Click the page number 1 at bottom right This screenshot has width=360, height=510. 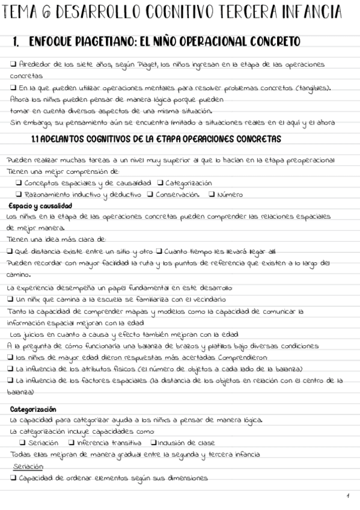pyautogui.click(x=347, y=495)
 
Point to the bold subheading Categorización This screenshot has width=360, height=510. pyautogui.click(x=33, y=409)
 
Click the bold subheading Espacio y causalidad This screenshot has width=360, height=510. pyautogui.click(x=37, y=206)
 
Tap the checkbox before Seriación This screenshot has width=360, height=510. pyautogui.click(x=22, y=443)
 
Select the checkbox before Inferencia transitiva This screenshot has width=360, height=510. pyautogui.click(x=72, y=443)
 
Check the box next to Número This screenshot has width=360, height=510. pyautogui.click(x=211, y=194)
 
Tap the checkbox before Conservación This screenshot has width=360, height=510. pyautogui.click(x=150, y=194)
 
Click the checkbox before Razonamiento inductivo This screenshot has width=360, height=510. pyautogui.click(x=19, y=194)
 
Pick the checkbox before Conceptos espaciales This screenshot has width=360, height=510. pyautogui.click(x=19, y=182)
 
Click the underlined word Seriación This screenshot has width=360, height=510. pyautogui.click(x=28, y=466)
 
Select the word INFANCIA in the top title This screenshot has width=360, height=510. pyautogui.click(x=321, y=13)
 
